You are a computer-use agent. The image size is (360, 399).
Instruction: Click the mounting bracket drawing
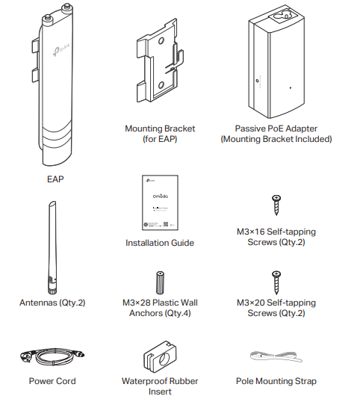(158, 67)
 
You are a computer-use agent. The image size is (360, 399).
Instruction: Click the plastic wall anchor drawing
(159, 282)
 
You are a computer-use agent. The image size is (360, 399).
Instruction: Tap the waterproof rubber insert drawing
(159, 356)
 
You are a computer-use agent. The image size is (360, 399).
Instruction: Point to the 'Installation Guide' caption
(159, 243)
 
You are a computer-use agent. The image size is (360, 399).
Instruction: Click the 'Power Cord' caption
(52, 381)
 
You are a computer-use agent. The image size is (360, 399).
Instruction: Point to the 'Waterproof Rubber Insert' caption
(159, 386)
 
